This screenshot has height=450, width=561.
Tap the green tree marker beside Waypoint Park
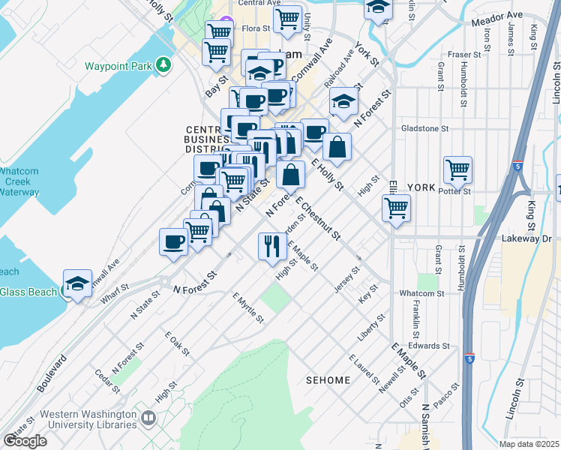click(163, 66)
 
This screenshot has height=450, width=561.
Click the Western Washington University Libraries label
click(88, 418)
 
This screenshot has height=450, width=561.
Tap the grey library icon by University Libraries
click(148, 418)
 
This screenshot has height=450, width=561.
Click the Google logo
click(24, 441)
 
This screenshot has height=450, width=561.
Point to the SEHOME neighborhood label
click(328, 380)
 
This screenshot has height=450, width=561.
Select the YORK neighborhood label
click(421, 187)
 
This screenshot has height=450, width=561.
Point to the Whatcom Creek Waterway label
click(19, 181)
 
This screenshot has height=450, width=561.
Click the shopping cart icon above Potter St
click(457, 169)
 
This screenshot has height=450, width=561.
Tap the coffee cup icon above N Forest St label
click(173, 241)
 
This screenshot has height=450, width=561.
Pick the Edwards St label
click(429, 346)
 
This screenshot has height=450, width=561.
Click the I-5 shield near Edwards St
click(469, 358)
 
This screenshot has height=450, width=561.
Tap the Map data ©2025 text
click(529, 444)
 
